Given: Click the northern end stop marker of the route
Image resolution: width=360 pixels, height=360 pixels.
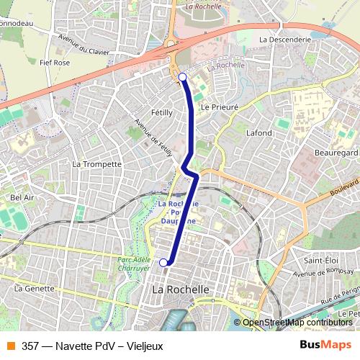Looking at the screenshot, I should click(182, 76).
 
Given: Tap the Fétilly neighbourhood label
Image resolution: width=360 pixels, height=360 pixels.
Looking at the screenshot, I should click(161, 112).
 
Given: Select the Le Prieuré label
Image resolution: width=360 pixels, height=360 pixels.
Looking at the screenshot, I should click(220, 106).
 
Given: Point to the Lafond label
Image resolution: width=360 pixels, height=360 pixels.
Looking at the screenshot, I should click(259, 133).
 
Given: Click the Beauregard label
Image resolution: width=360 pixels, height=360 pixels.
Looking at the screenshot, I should click(336, 154).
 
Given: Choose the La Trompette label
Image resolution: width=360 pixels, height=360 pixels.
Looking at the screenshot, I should click(97, 163).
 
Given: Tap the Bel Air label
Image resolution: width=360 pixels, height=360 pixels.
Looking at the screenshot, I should click(22, 197).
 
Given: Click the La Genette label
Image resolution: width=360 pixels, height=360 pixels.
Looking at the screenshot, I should click(35, 288).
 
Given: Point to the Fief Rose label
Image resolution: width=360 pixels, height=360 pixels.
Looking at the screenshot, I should click(55, 63).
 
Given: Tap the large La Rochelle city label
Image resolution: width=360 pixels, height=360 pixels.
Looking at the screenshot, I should click(181, 289).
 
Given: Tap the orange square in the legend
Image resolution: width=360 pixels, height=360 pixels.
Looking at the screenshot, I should click(11, 345).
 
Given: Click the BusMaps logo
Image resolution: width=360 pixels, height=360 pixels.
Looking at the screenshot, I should click(325, 345).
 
